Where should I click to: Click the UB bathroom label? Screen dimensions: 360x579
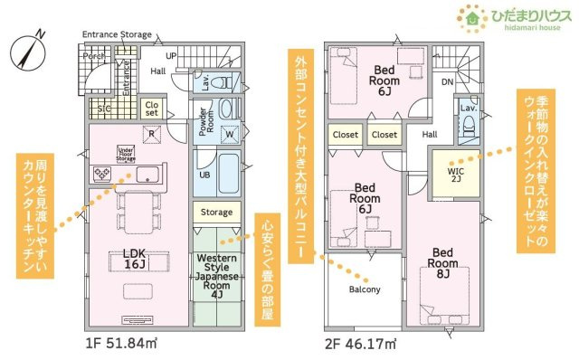(204, 174)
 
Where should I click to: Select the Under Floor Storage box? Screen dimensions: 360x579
(126, 155)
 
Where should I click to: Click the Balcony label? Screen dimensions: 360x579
(365, 290)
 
